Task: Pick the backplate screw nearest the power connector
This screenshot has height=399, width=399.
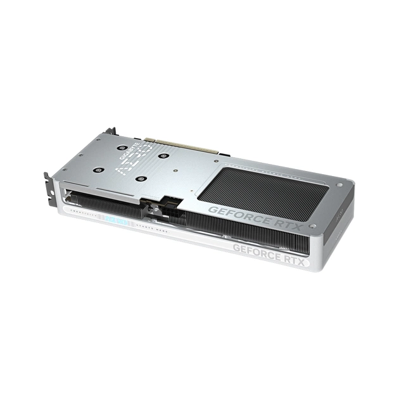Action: click(x=140, y=179)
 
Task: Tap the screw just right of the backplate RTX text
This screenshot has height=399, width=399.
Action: click(x=312, y=225)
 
